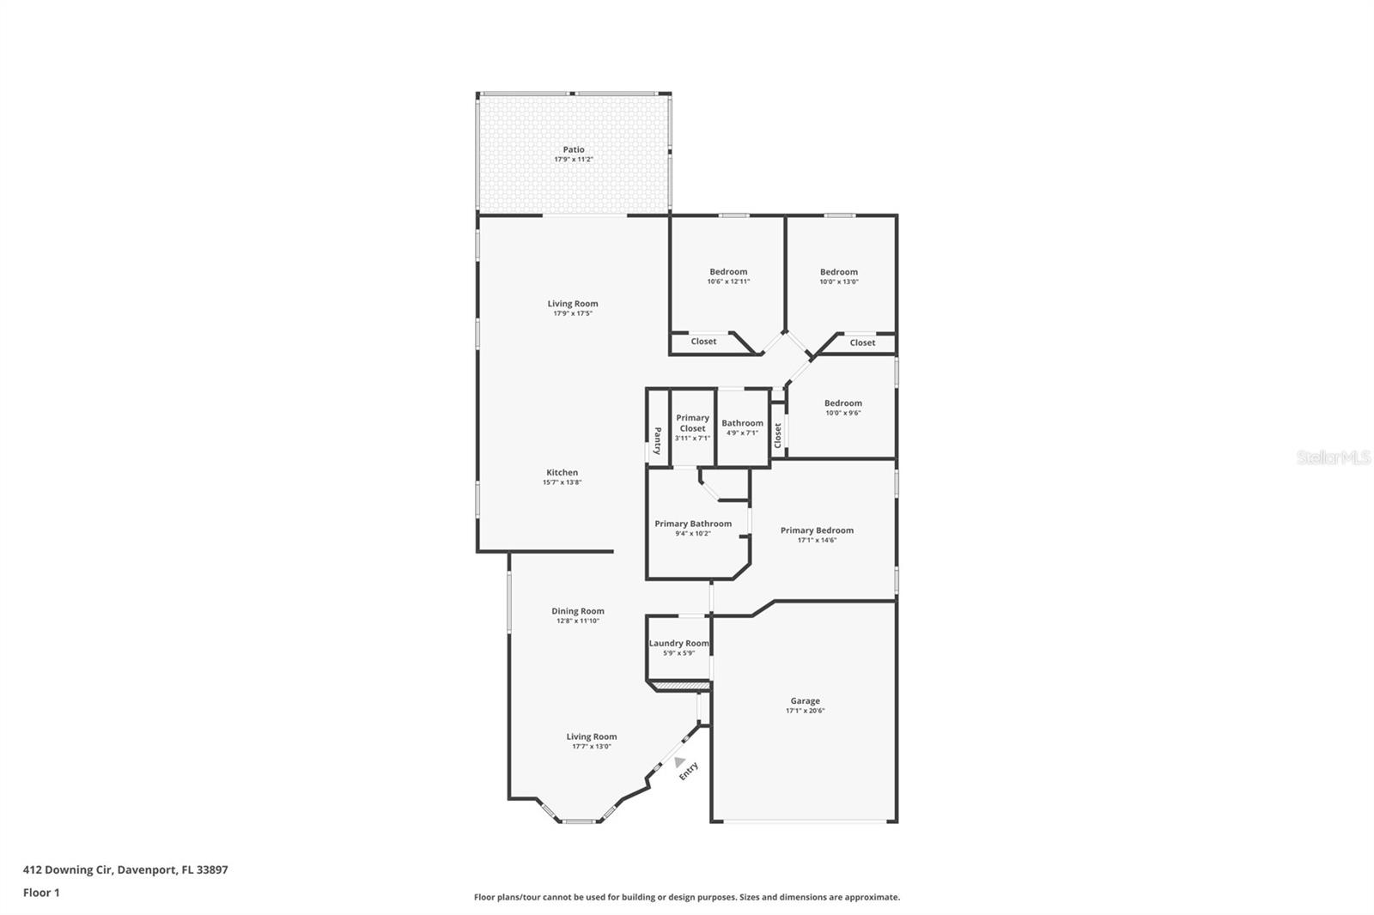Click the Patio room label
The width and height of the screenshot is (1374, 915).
point(574,149)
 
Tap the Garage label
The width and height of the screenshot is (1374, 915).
point(805,701)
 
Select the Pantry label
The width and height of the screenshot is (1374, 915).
point(658,441)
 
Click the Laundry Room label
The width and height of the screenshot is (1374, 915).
point(679,643)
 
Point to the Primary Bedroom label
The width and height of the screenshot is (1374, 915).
point(817,530)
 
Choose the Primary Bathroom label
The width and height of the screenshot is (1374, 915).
point(693,524)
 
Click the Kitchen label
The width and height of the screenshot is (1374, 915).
point(562,473)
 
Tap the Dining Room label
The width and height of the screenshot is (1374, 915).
point(578,611)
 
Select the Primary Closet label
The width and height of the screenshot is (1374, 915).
point(692,423)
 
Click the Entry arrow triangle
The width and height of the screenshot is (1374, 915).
point(679,761)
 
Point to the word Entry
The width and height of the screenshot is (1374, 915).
point(688,771)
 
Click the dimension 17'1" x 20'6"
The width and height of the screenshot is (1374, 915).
point(805,711)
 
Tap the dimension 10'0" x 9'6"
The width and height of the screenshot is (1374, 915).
point(842,414)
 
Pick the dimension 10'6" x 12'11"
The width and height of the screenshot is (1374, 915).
point(728,282)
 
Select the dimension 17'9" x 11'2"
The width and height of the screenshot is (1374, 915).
point(574,160)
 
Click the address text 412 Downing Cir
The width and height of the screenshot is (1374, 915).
point(68,870)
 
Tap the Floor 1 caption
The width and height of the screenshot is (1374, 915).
point(41,893)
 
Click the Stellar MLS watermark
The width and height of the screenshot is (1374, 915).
point(1334,457)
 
